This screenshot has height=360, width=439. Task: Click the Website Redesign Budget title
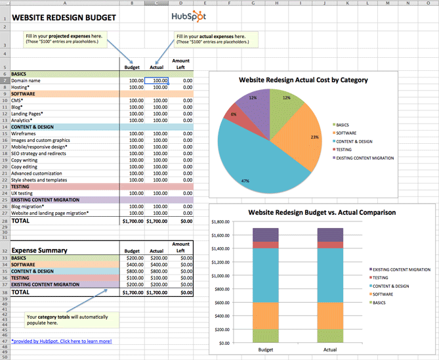64,17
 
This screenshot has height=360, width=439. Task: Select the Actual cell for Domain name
156,81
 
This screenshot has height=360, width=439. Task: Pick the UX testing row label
22,193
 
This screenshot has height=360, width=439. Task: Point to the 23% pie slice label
314,137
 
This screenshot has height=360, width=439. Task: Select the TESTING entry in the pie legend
348,149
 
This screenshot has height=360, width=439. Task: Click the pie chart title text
303,80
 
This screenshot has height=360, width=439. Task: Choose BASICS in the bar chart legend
382,302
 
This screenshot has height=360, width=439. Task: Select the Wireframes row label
26,133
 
